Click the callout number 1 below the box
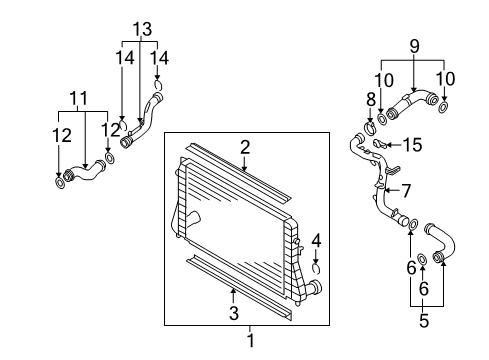tap(251, 341)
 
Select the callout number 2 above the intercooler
tap(245, 147)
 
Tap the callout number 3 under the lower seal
tap(234, 313)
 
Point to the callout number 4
tap(316, 241)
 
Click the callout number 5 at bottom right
tap(423, 321)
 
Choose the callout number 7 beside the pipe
tap(406, 191)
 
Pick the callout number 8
tap(371, 99)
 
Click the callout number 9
tap(414, 46)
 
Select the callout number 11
tap(79, 98)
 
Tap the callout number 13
tap(142, 29)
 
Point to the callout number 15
tap(413, 145)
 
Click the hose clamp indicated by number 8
tap(370, 127)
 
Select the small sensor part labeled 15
tap(379, 144)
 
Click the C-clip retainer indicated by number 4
tap(316, 269)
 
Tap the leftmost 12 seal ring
tap(60, 183)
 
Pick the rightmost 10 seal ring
tap(443, 108)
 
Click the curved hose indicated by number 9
tap(412, 103)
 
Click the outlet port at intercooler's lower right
tap(315, 287)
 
